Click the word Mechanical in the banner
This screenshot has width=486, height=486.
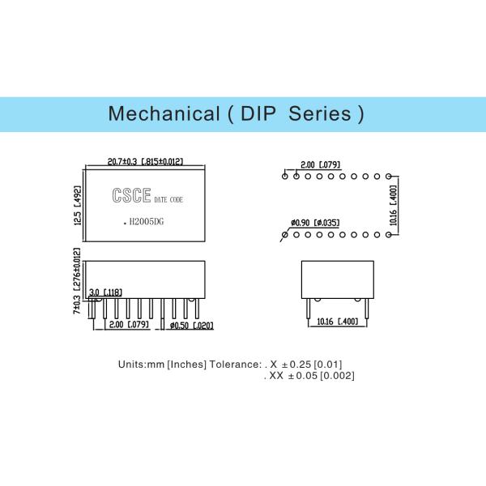pyautogui.click(x=164, y=113)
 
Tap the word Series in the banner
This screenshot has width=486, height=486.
pyautogui.click(x=320, y=113)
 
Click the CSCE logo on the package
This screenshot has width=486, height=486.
pyautogui.click(x=131, y=195)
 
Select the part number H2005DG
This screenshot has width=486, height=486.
pyautogui.click(x=147, y=222)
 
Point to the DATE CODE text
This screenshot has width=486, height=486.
pyautogui.click(x=168, y=199)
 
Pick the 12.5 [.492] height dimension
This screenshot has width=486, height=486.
pyautogui.click(x=77, y=206)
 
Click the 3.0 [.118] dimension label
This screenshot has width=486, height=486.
pyautogui.click(x=105, y=292)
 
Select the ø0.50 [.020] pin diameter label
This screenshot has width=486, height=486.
pyautogui.click(x=192, y=326)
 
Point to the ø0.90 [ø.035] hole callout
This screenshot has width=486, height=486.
pyautogui.click(x=315, y=223)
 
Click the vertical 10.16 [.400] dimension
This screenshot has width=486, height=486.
pyautogui.click(x=393, y=206)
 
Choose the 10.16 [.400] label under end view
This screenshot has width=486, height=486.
pyautogui.click(x=337, y=322)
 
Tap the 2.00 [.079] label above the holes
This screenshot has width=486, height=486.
pyautogui.click(x=321, y=164)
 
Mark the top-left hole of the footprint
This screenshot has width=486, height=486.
pyautogui.click(x=285, y=177)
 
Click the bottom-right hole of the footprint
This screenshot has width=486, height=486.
pyautogui.click(x=388, y=235)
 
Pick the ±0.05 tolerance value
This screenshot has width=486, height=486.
pyautogui.click(x=303, y=376)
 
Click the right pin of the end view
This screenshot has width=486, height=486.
pyautogui.click(x=367, y=309)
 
